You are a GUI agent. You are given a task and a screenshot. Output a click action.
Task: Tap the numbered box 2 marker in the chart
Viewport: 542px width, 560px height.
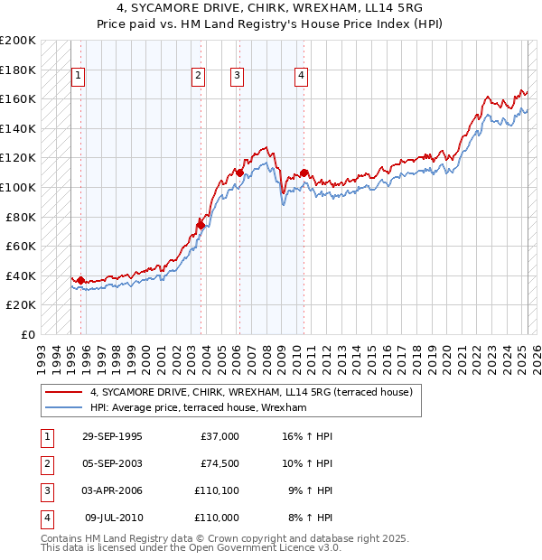pyautogui.click(x=198, y=77)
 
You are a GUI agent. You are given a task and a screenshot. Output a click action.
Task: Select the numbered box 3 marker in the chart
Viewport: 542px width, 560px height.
pyautogui.click(x=237, y=77)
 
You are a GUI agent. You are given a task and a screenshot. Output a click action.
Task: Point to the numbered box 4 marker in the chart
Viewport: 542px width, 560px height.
pyautogui.click(x=301, y=77)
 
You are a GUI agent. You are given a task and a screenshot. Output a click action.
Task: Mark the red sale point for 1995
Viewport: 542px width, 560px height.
pyautogui.click(x=81, y=280)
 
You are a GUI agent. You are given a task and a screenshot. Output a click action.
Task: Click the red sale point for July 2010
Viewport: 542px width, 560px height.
pyautogui.click(x=304, y=173)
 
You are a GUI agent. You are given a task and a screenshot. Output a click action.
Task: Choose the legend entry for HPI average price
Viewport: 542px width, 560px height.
pyautogui.click(x=199, y=408)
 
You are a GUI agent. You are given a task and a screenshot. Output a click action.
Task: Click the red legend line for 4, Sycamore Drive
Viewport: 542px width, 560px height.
pyautogui.click(x=63, y=393)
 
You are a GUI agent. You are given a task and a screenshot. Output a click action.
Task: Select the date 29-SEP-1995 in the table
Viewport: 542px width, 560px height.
pyautogui.click(x=112, y=436)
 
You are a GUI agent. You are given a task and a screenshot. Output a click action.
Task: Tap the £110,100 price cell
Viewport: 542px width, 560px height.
pyautogui.click(x=217, y=490)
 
